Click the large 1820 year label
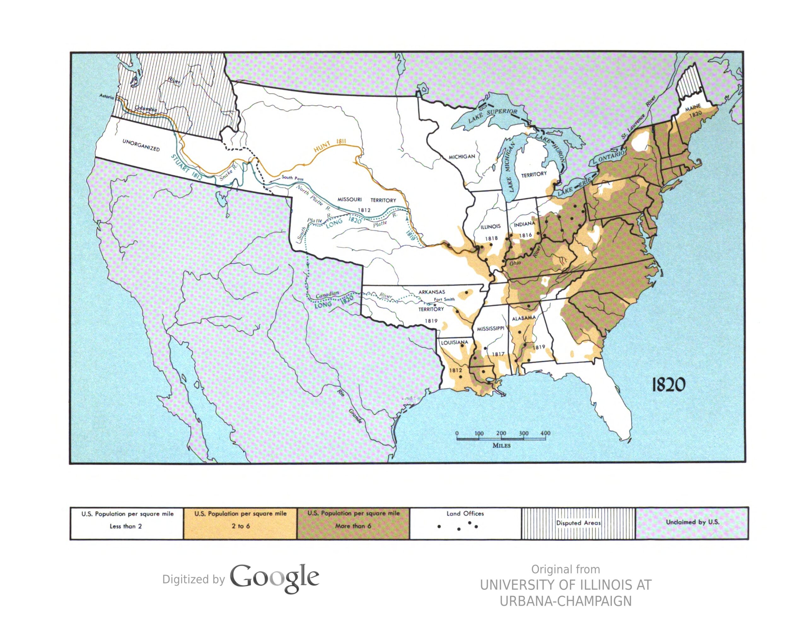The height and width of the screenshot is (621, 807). (x=668, y=385)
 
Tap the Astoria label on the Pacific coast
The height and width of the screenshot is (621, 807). (x=107, y=97)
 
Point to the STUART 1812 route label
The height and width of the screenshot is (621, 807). (x=187, y=167)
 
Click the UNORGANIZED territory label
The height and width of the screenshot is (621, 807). (x=141, y=145)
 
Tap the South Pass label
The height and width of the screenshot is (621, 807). (x=292, y=178)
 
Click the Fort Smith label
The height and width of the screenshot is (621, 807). (x=444, y=299)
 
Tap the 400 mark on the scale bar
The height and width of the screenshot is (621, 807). (x=545, y=433)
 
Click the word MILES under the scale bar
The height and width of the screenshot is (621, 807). (x=502, y=445)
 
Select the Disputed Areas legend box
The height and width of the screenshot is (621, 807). (x=578, y=523)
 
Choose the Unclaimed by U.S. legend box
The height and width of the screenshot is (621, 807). (x=692, y=523)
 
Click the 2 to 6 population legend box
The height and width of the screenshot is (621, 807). (x=241, y=523)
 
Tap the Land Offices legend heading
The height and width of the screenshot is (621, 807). (x=465, y=513)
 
